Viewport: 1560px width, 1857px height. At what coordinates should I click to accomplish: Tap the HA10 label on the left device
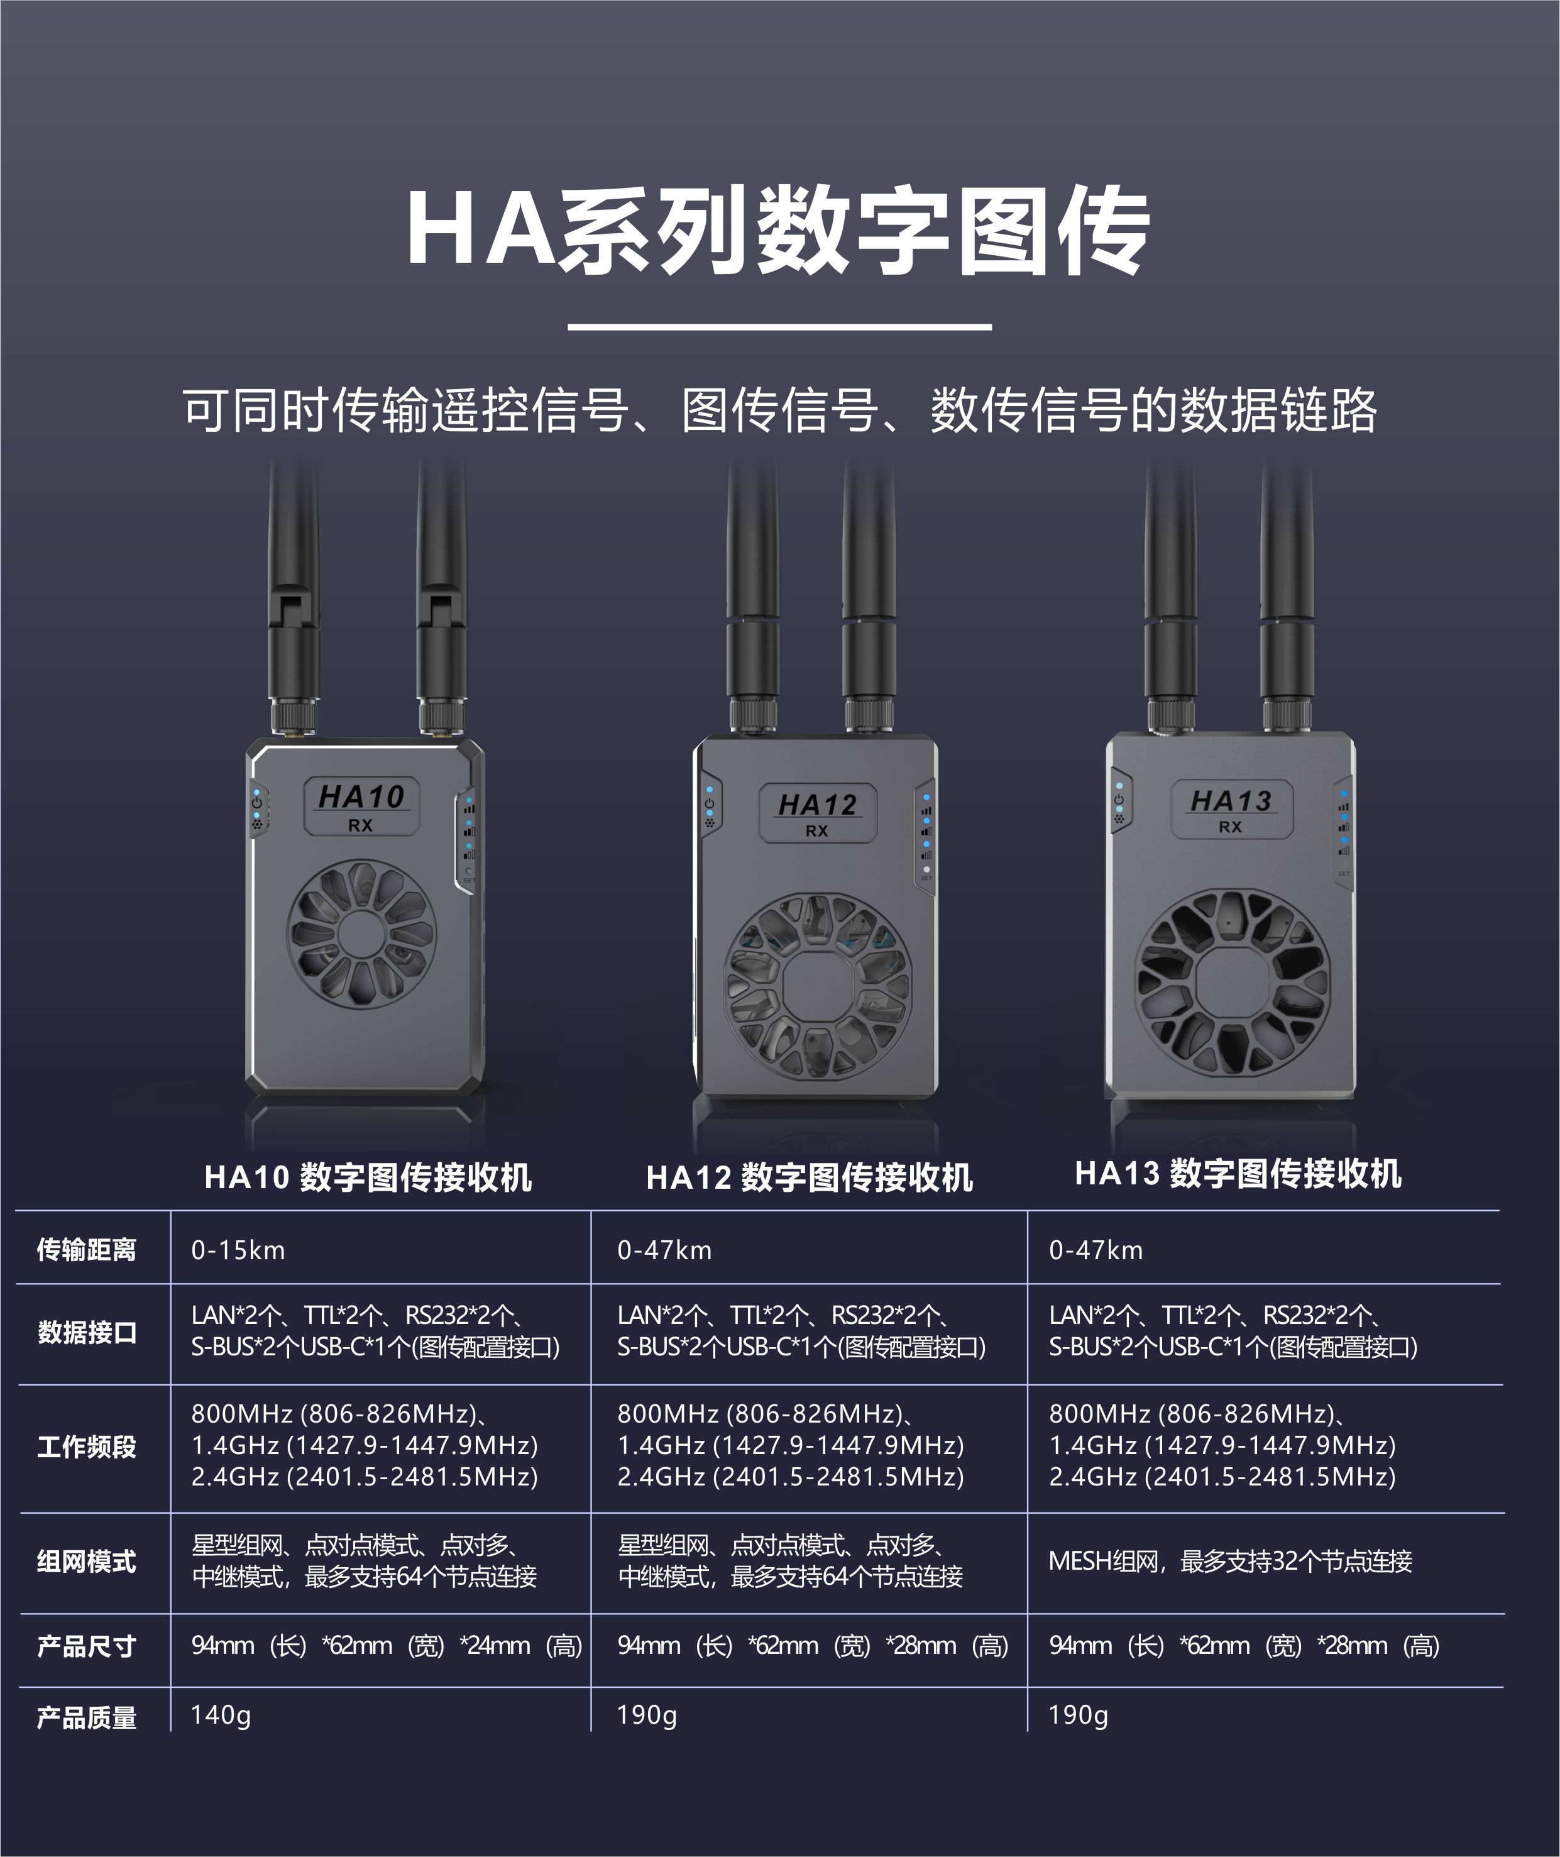[x=361, y=798]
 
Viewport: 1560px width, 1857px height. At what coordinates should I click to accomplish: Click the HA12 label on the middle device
[x=817, y=805]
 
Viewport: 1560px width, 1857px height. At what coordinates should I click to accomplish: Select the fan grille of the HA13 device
[x=1233, y=981]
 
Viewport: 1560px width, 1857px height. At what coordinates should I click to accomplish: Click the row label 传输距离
[x=87, y=1250]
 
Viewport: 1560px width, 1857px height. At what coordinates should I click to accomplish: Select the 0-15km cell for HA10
[x=238, y=1250]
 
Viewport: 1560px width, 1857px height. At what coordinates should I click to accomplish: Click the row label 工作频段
[x=87, y=1446]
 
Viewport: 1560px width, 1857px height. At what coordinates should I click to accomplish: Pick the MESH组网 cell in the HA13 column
[x=1229, y=1561]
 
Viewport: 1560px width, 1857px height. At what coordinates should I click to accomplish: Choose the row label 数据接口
[x=87, y=1331]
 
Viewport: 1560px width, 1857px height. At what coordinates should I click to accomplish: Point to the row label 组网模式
[x=87, y=1561]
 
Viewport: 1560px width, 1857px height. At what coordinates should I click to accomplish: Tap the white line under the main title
[x=779, y=326]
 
